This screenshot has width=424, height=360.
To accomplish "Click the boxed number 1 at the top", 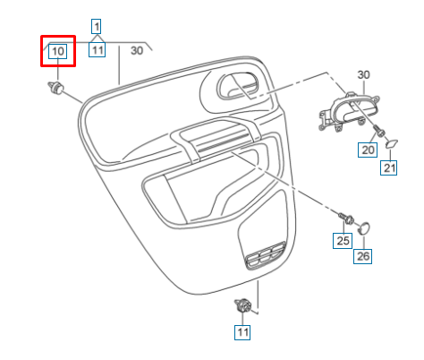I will (97, 25).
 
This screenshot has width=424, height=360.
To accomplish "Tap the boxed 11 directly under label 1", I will (97, 51).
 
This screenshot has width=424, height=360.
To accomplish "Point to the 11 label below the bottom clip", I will (242, 332).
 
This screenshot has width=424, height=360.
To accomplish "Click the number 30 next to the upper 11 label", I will (137, 51).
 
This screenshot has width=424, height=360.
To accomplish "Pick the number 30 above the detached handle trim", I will (363, 74).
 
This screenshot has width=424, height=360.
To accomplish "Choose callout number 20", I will (368, 150).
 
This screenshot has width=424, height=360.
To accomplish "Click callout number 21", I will (390, 167).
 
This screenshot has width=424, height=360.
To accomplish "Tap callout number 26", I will (363, 256).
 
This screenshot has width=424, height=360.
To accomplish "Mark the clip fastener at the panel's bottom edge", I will (242, 306).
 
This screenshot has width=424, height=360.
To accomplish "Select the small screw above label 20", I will (378, 131).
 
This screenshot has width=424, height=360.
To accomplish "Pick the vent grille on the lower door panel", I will (263, 258).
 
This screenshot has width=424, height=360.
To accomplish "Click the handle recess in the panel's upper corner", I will (237, 87).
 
